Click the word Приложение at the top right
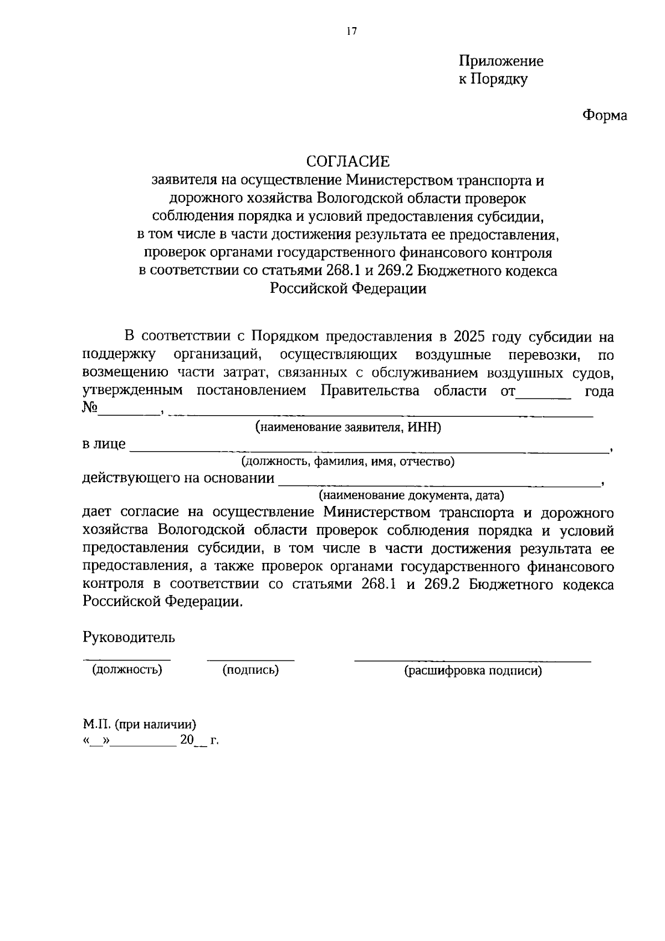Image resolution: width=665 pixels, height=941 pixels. coord(500,61)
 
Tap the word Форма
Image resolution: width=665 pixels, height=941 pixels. coord(605,115)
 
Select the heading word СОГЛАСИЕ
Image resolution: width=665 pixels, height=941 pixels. coord(348,161)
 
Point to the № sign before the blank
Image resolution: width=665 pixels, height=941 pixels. coord(90,408)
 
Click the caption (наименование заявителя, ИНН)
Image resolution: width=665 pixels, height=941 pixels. coord(348,427)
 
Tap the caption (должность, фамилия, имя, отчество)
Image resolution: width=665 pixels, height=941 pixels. coord(347,462)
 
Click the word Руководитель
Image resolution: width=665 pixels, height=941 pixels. coord(129,637)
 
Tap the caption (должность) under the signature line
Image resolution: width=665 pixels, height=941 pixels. coord(127,670)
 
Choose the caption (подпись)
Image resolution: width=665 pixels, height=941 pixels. coord(250,670)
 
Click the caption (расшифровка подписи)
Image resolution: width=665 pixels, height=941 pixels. coord(473,671)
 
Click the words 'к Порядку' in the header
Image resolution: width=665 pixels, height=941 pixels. coord(493,79)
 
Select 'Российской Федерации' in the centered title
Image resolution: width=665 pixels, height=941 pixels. coord(348,288)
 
